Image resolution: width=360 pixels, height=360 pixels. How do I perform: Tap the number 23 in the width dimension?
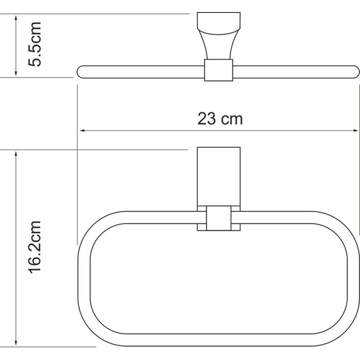coord(205,118)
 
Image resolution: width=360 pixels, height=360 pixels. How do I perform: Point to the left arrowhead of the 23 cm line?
coord(81,131)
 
